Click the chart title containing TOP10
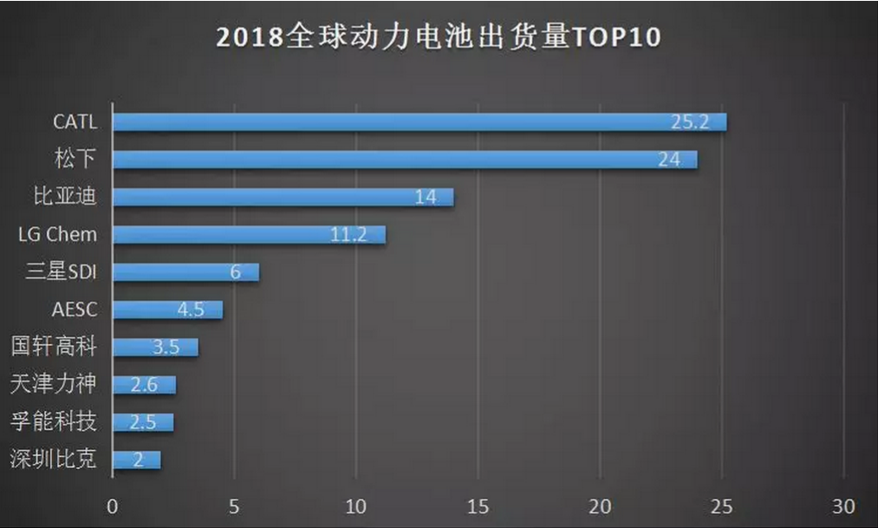tap(438, 38)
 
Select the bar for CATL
tap(419, 122)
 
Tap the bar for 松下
tap(404, 160)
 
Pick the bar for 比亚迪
tap(283, 197)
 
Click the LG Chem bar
tap(249, 234)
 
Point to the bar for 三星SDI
tap(185, 272)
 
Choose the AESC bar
tap(167, 310)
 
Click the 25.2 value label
tap(690, 122)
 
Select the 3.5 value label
tap(166, 348)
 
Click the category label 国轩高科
tap(54, 347)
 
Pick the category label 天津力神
tap(54, 384)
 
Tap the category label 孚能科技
tap(54, 422)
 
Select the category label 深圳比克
tap(54, 460)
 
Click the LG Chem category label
tap(57, 234)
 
